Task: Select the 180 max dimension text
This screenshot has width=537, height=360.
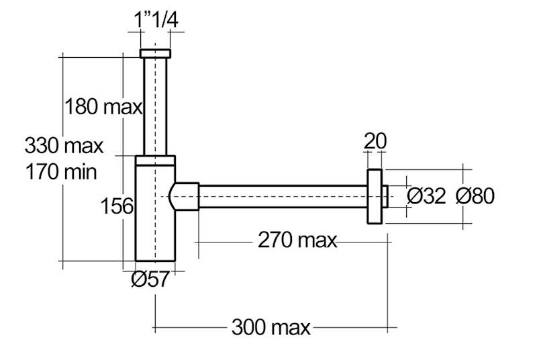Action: point(103,106)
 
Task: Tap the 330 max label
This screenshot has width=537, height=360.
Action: point(64,144)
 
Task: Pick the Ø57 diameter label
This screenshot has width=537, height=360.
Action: point(150,279)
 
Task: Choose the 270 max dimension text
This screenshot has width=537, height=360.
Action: point(297,239)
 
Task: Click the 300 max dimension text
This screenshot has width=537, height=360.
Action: point(271,328)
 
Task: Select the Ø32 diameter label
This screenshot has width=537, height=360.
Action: point(427,195)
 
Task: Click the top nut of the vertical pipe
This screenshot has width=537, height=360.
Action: point(155,54)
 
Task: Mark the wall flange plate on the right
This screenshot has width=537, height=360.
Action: point(375,196)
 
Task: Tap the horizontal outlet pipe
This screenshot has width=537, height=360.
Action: point(282,196)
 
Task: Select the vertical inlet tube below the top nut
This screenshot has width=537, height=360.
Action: point(155,104)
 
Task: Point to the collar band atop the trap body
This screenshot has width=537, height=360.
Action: point(155,160)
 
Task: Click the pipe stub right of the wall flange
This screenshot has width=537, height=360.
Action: point(386,196)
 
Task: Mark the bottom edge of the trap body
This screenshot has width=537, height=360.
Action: point(155,260)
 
